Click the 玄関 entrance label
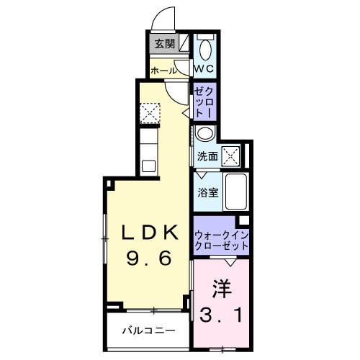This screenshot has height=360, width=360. pyautogui.click(x=163, y=44)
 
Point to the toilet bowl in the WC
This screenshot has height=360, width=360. pyautogui.click(x=206, y=50)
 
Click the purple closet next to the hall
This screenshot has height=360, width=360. pyautogui.click(x=202, y=102)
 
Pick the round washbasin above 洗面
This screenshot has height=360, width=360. pyautogui.click(x=204, y=135)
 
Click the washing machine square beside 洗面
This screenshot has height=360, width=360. pyautogui.click(x=231, y=154)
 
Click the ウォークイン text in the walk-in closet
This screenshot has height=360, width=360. pyautogui.click(x=220, y=235)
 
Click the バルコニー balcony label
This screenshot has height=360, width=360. pyautogui.click(x=148, y=332)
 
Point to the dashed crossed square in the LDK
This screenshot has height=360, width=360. pyautogui.click(x=150, y=112)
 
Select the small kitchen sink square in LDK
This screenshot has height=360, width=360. pyautogui.click(x=148, y=166)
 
